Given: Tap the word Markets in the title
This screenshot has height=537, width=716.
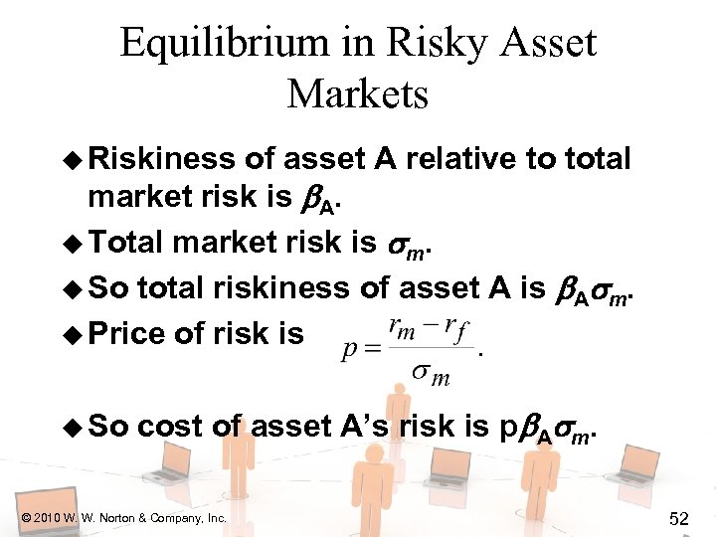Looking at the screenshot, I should [x=358, y=94].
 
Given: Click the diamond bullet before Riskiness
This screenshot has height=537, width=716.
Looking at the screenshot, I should [x=73, y=159].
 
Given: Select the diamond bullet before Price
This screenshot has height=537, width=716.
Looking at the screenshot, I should [x=73, y=333].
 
